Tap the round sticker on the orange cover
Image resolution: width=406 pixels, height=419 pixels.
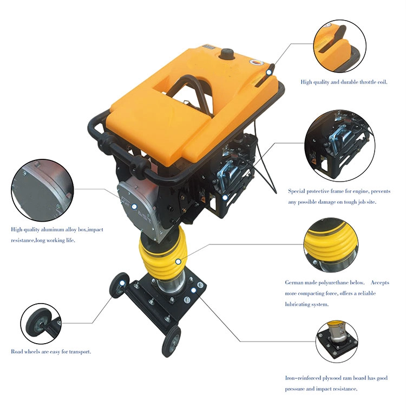[x=257, y=62]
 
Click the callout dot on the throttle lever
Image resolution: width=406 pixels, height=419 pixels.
[x=269, y=72]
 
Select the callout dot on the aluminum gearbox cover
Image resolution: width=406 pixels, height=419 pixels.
[x=134, y=207]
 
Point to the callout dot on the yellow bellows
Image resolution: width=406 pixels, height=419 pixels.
[x=178, y=261]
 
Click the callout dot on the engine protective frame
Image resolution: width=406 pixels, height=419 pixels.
[x=225, y=198]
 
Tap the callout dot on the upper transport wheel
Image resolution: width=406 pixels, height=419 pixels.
[x=122, y=283]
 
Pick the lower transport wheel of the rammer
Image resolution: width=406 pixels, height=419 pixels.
[x=171, y=341]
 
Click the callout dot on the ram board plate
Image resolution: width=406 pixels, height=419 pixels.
[x=194, y=291]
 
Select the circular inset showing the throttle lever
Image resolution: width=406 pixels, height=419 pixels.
[x=339, y=46]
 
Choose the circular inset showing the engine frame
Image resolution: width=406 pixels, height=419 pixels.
[x=339, y=146]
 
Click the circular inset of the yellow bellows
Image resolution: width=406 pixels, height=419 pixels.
[x=331, y=246]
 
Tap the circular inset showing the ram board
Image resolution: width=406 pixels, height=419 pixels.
[x=337, y=341]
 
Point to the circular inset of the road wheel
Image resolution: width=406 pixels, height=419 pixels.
[x=41, y=324]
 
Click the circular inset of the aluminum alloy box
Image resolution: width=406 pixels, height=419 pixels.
[x=42, y=190]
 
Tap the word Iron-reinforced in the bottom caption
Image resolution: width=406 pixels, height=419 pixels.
[x=303, y=378]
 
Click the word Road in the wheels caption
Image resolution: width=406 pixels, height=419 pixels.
[x=17, y=352]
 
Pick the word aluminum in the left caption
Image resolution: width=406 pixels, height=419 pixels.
[x=53, y=229]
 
